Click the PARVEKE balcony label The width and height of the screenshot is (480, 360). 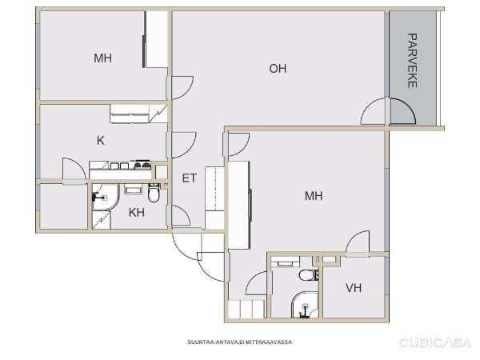pos(413,61)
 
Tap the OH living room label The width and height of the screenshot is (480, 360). pos(278,68)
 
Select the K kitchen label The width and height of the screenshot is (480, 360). pos(101,141)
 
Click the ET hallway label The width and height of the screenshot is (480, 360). pos(189,178)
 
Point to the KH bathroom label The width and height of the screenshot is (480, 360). pos(137,212)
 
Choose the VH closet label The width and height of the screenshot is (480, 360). pos(354,288)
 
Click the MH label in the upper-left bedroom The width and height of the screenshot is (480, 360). pos(103,58)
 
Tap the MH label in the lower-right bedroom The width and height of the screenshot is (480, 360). pos(314,196)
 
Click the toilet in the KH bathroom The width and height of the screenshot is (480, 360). pos(154,193)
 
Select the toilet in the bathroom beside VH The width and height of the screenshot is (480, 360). pos(309,275)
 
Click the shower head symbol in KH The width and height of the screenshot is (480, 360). pos(98,196)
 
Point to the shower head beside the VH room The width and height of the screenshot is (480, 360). pos(304,310)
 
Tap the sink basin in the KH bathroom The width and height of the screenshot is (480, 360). pos(133,190)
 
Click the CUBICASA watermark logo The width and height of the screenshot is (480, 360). pos(434,342)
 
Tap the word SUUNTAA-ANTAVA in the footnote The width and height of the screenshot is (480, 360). pos(213,342)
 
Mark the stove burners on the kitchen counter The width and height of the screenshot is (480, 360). pos(142,166)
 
